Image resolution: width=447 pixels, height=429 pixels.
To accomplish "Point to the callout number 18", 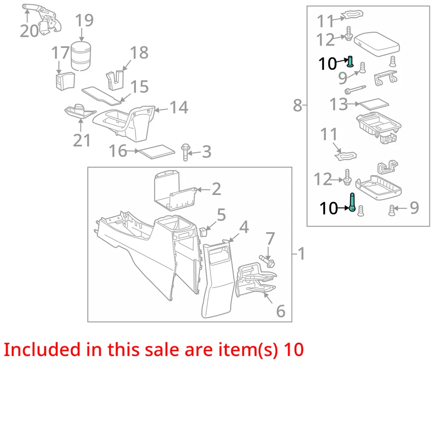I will (x=139, y=53).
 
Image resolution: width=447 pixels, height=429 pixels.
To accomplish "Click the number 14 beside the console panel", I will (x=179, y=108).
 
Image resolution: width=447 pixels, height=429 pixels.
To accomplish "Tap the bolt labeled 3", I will (x=186, y=152).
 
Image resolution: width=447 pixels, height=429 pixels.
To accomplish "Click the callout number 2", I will (x=216, y=189).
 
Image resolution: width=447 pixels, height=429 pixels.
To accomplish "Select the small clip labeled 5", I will (x=203, y=230).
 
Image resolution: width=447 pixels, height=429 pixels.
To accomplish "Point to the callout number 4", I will (x=244, y=228).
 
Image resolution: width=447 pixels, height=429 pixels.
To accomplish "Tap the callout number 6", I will (x=280, y=311).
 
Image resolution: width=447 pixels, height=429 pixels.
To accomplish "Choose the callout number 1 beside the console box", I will (x=302, y=254).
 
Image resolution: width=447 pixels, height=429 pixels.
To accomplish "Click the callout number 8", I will (x=298, y=106).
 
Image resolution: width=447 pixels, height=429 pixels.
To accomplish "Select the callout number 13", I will (x=339, y=104).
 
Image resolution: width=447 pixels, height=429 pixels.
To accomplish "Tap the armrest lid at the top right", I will (x=378, y=40).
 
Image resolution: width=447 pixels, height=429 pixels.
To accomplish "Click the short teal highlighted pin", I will (x=351, y=61).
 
